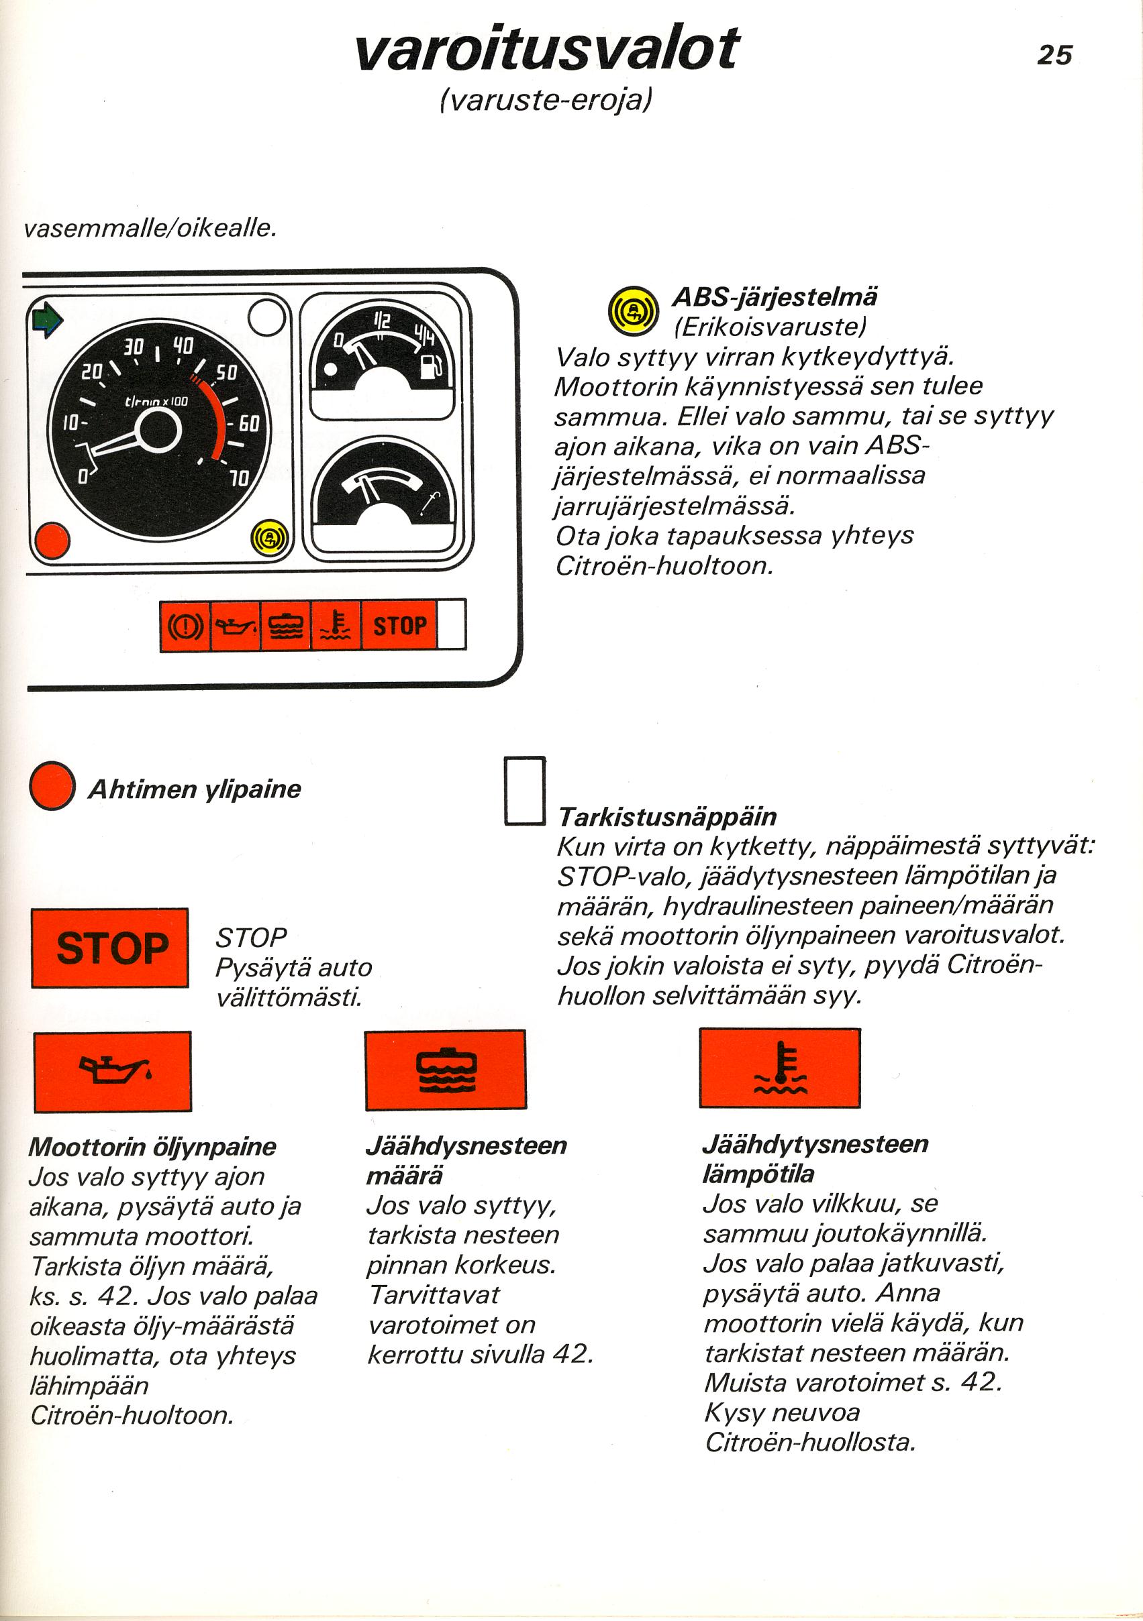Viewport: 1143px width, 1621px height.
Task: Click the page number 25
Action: [1054, 54]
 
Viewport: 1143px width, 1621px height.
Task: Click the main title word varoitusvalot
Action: [547, 49]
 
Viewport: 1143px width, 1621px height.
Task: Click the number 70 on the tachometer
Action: [240, 478]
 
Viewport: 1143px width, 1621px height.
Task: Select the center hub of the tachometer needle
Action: [158, 429]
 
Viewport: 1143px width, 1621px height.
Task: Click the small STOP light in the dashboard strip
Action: [399, 626]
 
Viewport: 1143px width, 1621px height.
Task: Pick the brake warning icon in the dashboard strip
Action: [185, 626]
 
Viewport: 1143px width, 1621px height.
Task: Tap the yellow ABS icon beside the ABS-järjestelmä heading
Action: [632, 311]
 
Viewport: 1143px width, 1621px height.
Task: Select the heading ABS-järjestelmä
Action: [775, 297]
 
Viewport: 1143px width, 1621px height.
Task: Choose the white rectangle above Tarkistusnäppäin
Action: [525, 791]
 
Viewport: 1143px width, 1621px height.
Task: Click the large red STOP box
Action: [110, 948]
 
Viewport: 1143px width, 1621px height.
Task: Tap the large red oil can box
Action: [112, 1071]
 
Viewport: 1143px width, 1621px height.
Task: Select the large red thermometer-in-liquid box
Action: [780, 1068]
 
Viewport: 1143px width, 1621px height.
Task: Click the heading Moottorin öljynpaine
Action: [152, 1147]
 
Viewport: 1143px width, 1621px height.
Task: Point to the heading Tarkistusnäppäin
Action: [668, 817]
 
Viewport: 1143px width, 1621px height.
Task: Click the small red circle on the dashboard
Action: [52, 541]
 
